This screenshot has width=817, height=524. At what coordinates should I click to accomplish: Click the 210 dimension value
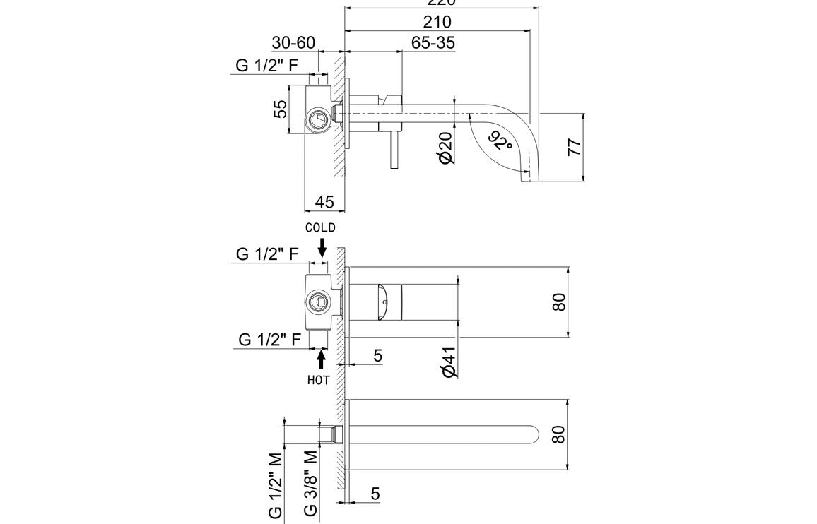point(437,22)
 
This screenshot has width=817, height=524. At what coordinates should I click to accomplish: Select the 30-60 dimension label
point(293,43)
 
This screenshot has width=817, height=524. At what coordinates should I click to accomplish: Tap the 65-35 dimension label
point(433,43)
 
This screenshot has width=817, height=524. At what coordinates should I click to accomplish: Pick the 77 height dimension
point(575,147)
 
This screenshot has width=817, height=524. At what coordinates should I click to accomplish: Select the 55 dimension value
point(281,109)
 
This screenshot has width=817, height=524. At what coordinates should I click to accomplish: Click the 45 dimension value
point(324,202)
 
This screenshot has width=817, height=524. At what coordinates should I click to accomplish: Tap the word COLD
point(320,227)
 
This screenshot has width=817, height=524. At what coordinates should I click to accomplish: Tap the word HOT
point(319,379)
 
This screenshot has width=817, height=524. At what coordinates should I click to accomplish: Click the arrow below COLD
point(322,247)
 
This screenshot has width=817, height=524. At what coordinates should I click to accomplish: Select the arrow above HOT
point(322,359)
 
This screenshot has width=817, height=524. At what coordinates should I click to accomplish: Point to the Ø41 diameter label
point(445,362)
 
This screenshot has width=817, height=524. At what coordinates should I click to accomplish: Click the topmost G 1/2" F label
point(267,66)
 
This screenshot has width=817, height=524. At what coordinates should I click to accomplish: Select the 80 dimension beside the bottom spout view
point(558,434)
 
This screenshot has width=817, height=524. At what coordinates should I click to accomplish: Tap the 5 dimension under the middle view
point(377,355)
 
